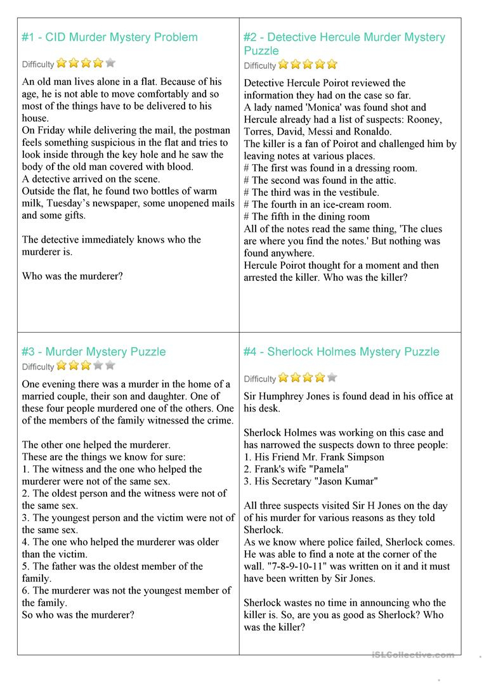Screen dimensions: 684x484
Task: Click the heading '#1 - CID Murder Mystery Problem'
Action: pyautogui.click(x=110, y=37)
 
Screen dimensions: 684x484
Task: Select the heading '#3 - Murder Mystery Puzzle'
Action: pyautogui.click(x=93, y=352)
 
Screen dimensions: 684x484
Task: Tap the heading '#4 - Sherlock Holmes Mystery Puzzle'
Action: pyautogui.click(x=341, y=352)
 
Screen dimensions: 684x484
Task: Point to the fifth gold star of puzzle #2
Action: pyautogui.click(x=332, y=64)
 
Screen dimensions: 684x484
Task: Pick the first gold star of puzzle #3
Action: pyautogui.click(x=62, y=365)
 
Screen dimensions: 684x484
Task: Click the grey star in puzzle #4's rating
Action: pyautogui.click(x=332, y=377)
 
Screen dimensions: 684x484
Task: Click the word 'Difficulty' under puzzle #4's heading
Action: pyautogui.click(x=259, y=379)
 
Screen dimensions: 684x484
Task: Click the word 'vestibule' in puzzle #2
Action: pyautogui.click(x=357, y=192)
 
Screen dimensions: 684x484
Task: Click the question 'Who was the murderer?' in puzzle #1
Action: pyautogui.click(x=72, y=276)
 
